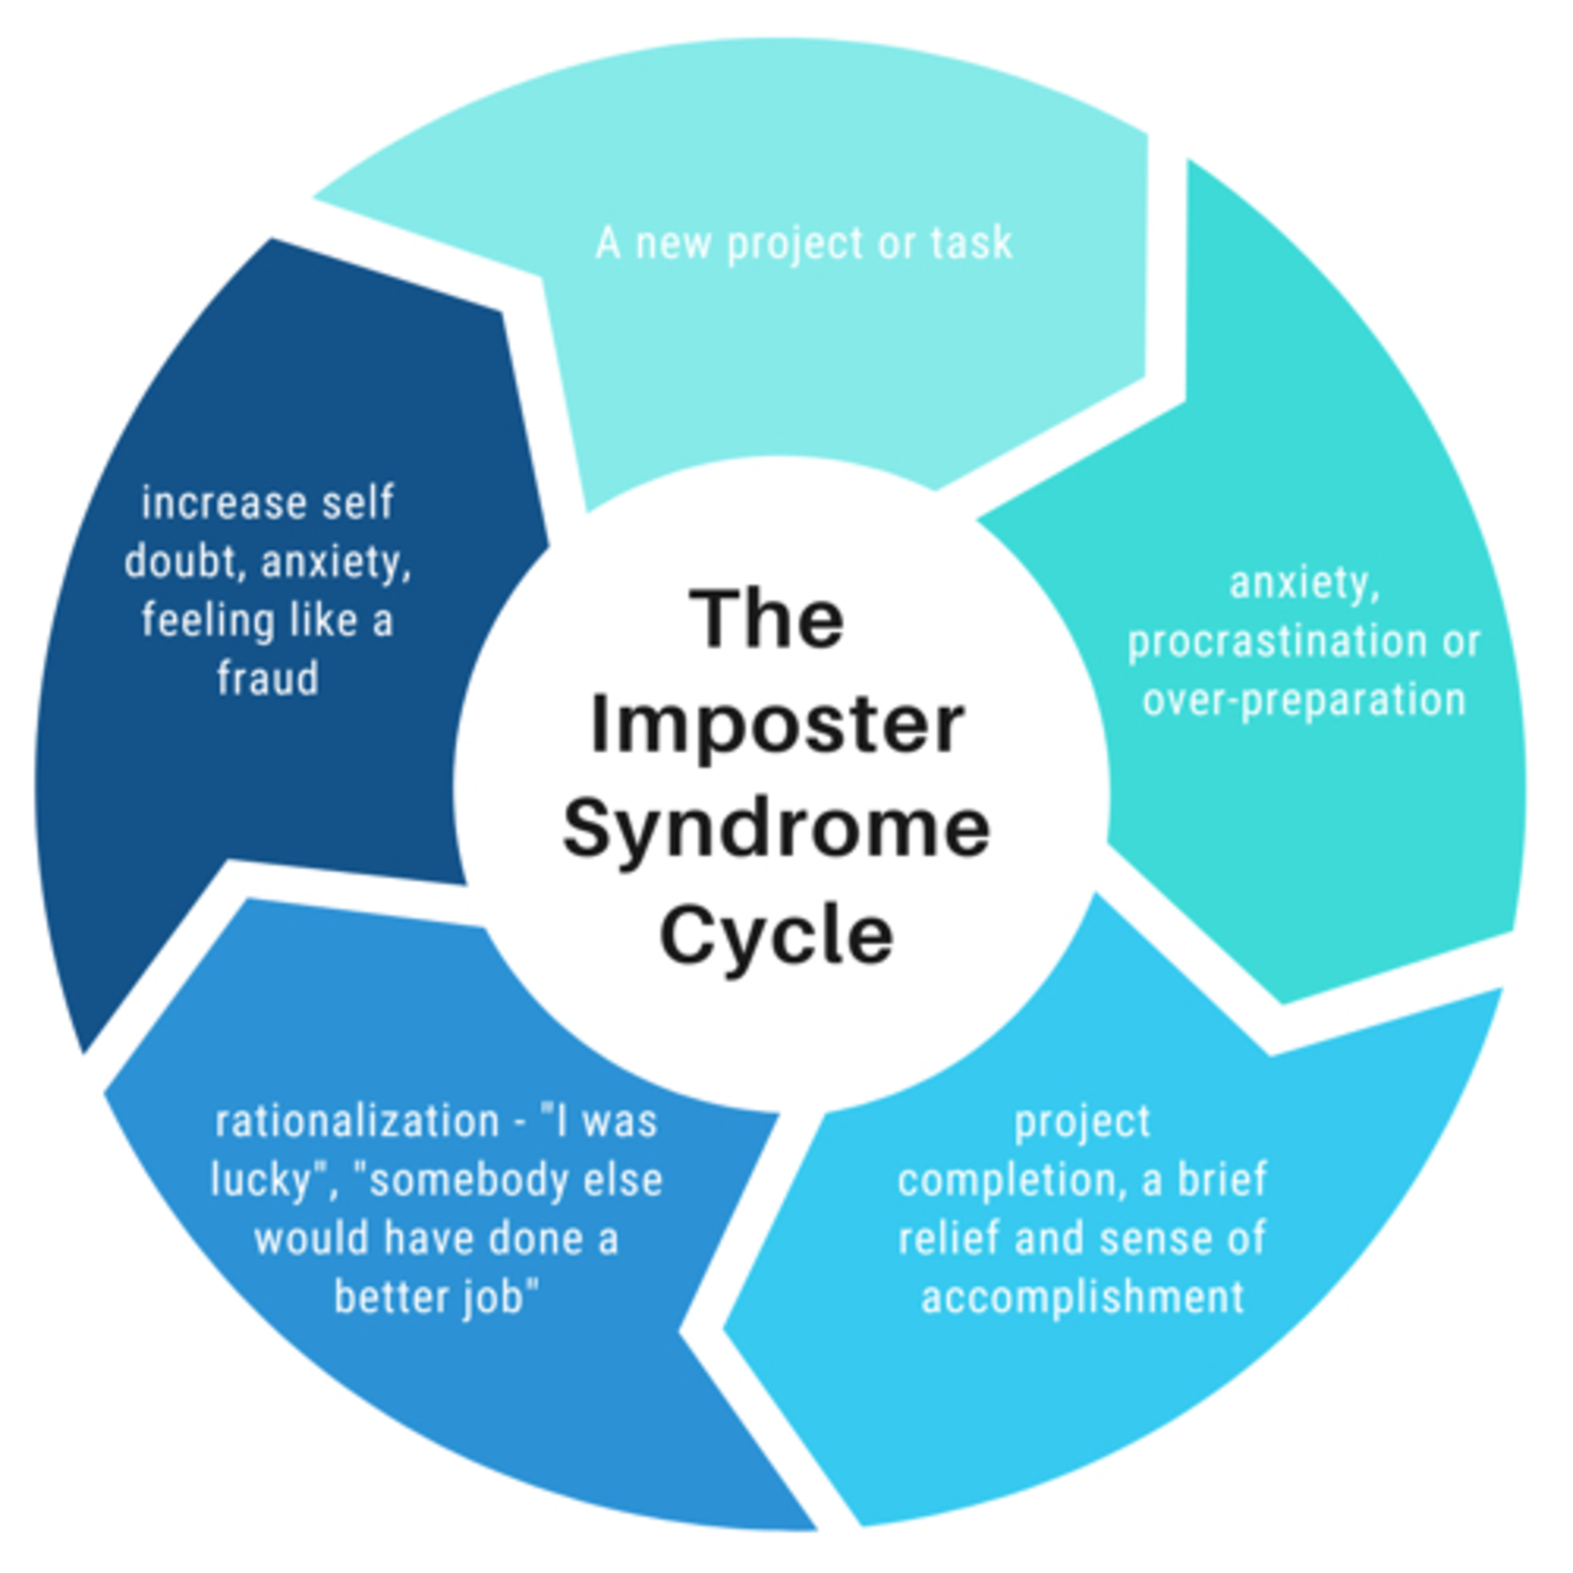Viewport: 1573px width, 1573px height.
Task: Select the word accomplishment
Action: [1082, 1297]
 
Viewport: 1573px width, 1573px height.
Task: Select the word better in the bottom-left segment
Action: [387, 1297]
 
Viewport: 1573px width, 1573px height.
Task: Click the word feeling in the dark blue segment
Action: [209, 620]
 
